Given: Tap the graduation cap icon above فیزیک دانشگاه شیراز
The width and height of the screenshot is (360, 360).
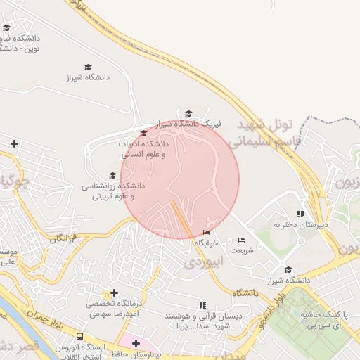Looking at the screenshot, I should (x=188, y=113).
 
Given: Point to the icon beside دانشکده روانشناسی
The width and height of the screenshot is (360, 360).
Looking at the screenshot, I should (x=112, y=176).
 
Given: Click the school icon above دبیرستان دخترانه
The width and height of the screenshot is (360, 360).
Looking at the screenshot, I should (x=300, y=214).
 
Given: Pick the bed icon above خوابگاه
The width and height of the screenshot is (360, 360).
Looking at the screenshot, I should (x=206, y=233).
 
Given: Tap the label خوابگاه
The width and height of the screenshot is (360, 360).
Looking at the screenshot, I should (x=207, y=243).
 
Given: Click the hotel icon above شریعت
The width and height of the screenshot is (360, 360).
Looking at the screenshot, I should (x=241, y=240).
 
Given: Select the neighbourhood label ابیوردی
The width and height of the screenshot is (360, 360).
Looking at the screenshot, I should (x=203, y=263).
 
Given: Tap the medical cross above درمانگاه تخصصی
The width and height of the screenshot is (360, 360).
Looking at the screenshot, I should (x=114, y=292).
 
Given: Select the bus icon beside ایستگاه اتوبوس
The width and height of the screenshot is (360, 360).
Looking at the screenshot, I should (x=80, y=337).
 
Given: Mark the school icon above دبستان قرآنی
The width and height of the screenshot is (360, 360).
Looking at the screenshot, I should (x=203, y=305).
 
